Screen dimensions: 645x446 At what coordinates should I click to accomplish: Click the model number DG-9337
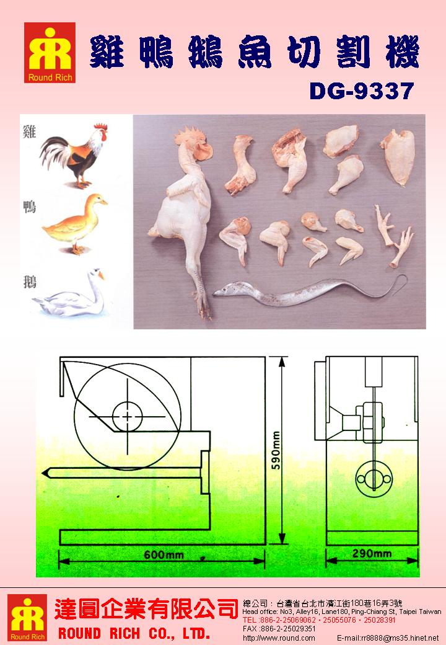pyautogui.click(x=361, y=91)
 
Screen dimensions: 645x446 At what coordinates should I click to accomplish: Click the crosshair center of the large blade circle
pyautogui.click(x=128, y=417)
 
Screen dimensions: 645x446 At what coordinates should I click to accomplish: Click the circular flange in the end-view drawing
pyautogui.click(x=373, y=479)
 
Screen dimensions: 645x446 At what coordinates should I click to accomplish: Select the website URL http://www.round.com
pyautogui.click(x=279, y=638)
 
